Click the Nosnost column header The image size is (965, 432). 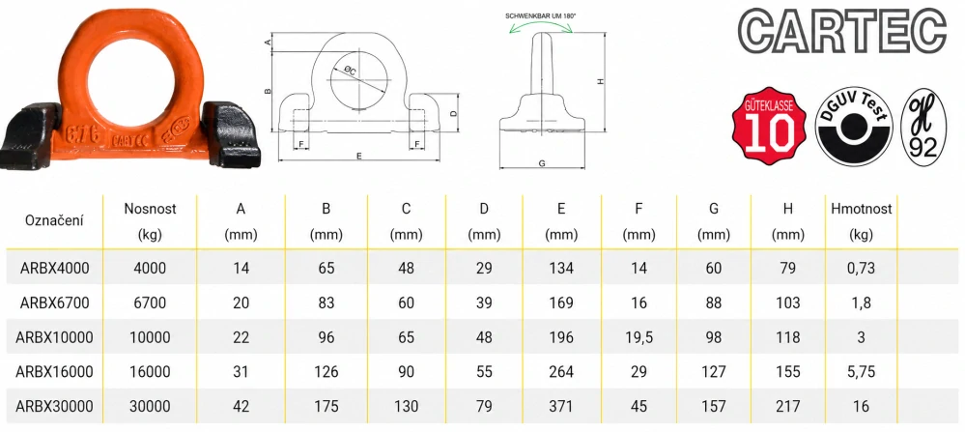pos(150,221)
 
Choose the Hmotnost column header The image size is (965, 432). pos(861,221)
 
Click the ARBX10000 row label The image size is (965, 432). pos(54,337)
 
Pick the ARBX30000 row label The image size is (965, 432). pos(54,406)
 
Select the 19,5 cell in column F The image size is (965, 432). pos(639,337)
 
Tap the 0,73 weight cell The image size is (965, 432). pos(861,269)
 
